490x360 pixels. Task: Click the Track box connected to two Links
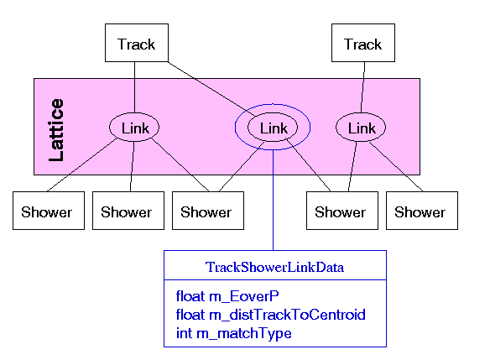(x=137, y=43)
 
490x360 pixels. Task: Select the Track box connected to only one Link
(x=363, y=43)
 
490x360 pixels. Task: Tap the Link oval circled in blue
(x=273, y=128)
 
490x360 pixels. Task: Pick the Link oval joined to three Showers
(x=134, y=128)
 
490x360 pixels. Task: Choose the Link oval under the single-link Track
(x=361, y=128)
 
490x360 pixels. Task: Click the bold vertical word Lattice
(x=56, y=130)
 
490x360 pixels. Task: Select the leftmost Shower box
(x=49, y=211)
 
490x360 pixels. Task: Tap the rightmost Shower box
(x=422, y=211)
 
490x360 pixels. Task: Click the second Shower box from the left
(x=128, y=211)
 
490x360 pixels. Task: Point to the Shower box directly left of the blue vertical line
(x=208, y=211)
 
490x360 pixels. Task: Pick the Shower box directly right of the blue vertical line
(x=342, y=211)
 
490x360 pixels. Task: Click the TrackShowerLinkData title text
(x=274, y=267)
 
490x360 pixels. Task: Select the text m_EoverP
(x=244, y=296)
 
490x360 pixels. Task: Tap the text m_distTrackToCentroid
(x=287, y=315)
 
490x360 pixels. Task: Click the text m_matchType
(x=244, y=333)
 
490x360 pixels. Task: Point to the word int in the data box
(x=184, y=333)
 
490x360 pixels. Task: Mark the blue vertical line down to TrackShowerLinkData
(x=274, y=200)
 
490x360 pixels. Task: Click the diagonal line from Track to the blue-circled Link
(x=212, y=89)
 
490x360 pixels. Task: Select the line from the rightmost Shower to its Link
(x=396, y=166)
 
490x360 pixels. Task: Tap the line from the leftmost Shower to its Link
(x=82, y=164)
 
